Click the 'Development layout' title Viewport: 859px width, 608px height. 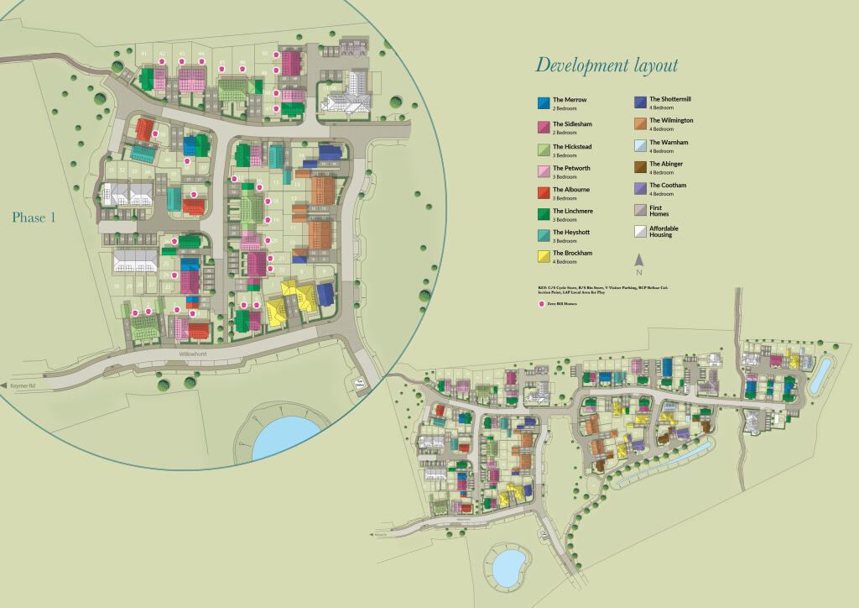coord(607,66)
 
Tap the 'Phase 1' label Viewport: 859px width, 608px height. coord(34,218)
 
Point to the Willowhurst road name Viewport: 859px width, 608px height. coord(191,356)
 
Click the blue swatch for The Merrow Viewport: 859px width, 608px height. coord(542,103)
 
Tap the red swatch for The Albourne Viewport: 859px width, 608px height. coord(542,191)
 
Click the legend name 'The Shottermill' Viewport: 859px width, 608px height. coord(670,99)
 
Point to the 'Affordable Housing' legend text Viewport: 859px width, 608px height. coord(664,231)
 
